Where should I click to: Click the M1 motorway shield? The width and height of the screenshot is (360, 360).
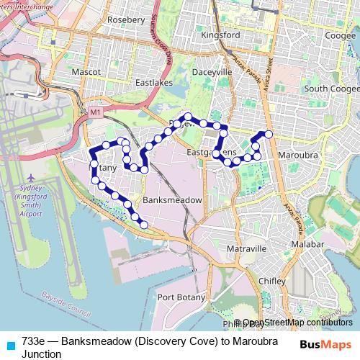tap(96, 113)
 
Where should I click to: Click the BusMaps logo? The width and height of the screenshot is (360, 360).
tap(324, 344)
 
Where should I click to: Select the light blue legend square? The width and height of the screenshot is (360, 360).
tap(10, 344)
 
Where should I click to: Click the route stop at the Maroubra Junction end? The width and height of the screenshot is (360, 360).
tap(269, 134)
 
